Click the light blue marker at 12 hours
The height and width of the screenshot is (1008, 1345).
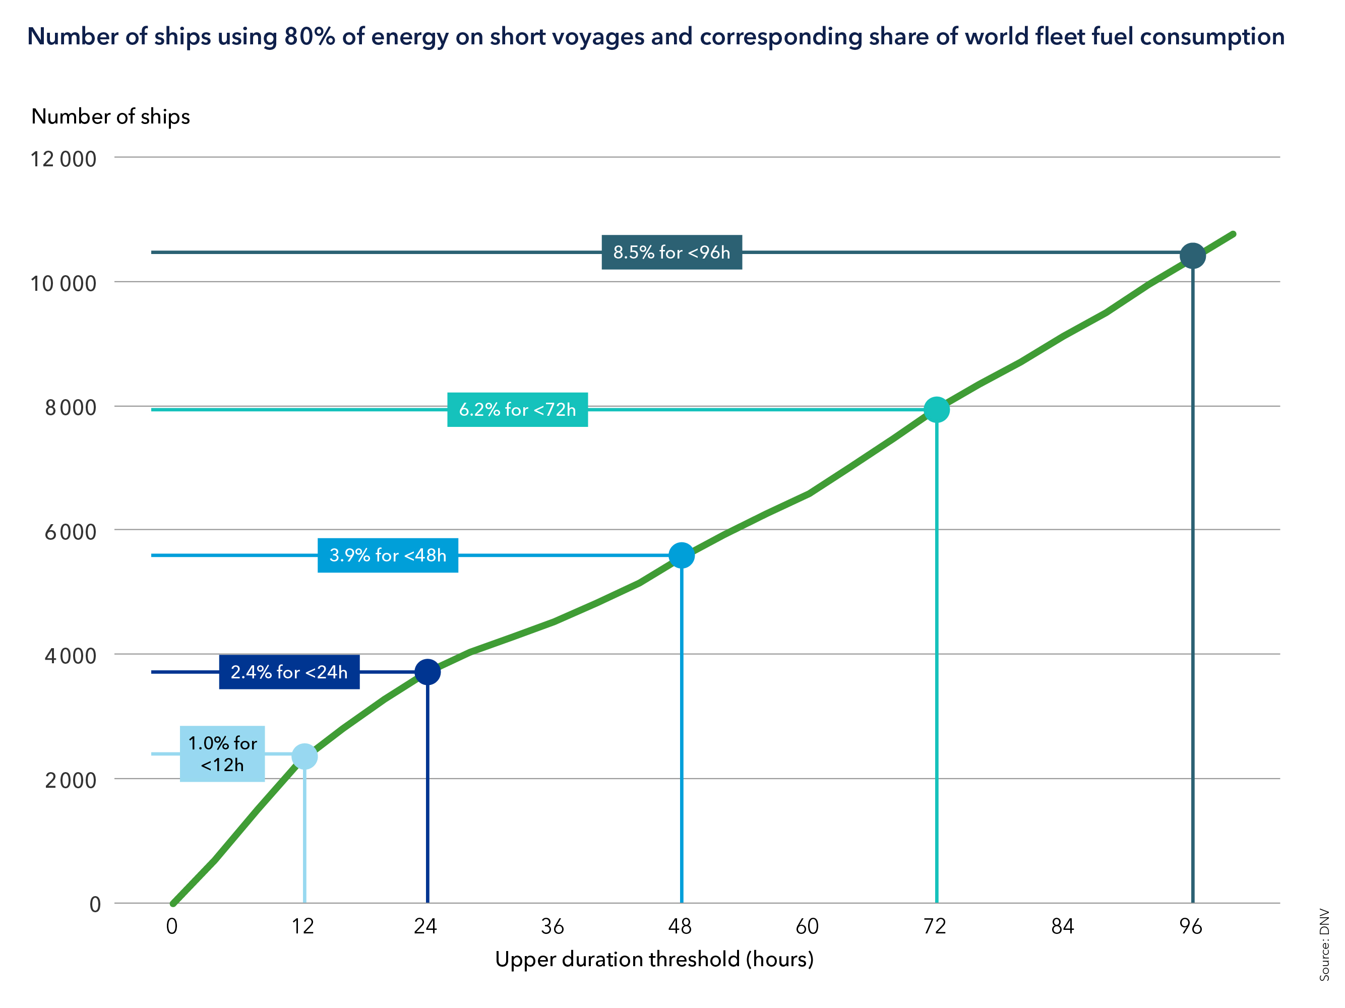pyautogui.click(x=304, y=757)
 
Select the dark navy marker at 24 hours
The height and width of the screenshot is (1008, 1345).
pyautogui.click(x=427, y=672)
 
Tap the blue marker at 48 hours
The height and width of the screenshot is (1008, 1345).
pyautogui.click(x=681, y=555)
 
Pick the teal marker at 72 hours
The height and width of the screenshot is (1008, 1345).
pyautogui.click(x=936, y=410)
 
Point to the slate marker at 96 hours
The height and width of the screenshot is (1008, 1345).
pyautogui.click(x=1192, y=256)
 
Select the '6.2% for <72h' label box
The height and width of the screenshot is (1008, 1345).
pyautogui.click(x=517, y=410)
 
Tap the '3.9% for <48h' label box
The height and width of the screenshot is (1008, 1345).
pyautogui.click(x=387, y=555)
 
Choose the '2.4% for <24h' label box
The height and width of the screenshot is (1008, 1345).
pyautogui.click(x=289, y=672)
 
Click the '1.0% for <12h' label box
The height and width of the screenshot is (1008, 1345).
pyautogui.click(x=222, y=754)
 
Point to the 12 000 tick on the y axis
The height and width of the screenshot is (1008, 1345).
pyautogui.click(x=63, y=159)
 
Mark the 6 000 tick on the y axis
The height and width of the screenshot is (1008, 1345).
pyautogui.click(x=70, y=532)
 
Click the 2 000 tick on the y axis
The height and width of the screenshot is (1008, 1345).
pyautogui.click(x=70, y=781)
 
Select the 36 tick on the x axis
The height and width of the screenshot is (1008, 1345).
pyautogui.click(x=552, y=926)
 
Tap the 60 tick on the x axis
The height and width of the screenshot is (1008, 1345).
pyautogui.click(x=807, y=926)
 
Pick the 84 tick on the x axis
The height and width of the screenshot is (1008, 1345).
pyautogui.click(x=1062, y=926)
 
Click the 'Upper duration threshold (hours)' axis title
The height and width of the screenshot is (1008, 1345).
pyautogui.click(x=654, y=959)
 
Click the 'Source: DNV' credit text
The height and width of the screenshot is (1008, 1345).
pyautogui.click(x=1324, y=944)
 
